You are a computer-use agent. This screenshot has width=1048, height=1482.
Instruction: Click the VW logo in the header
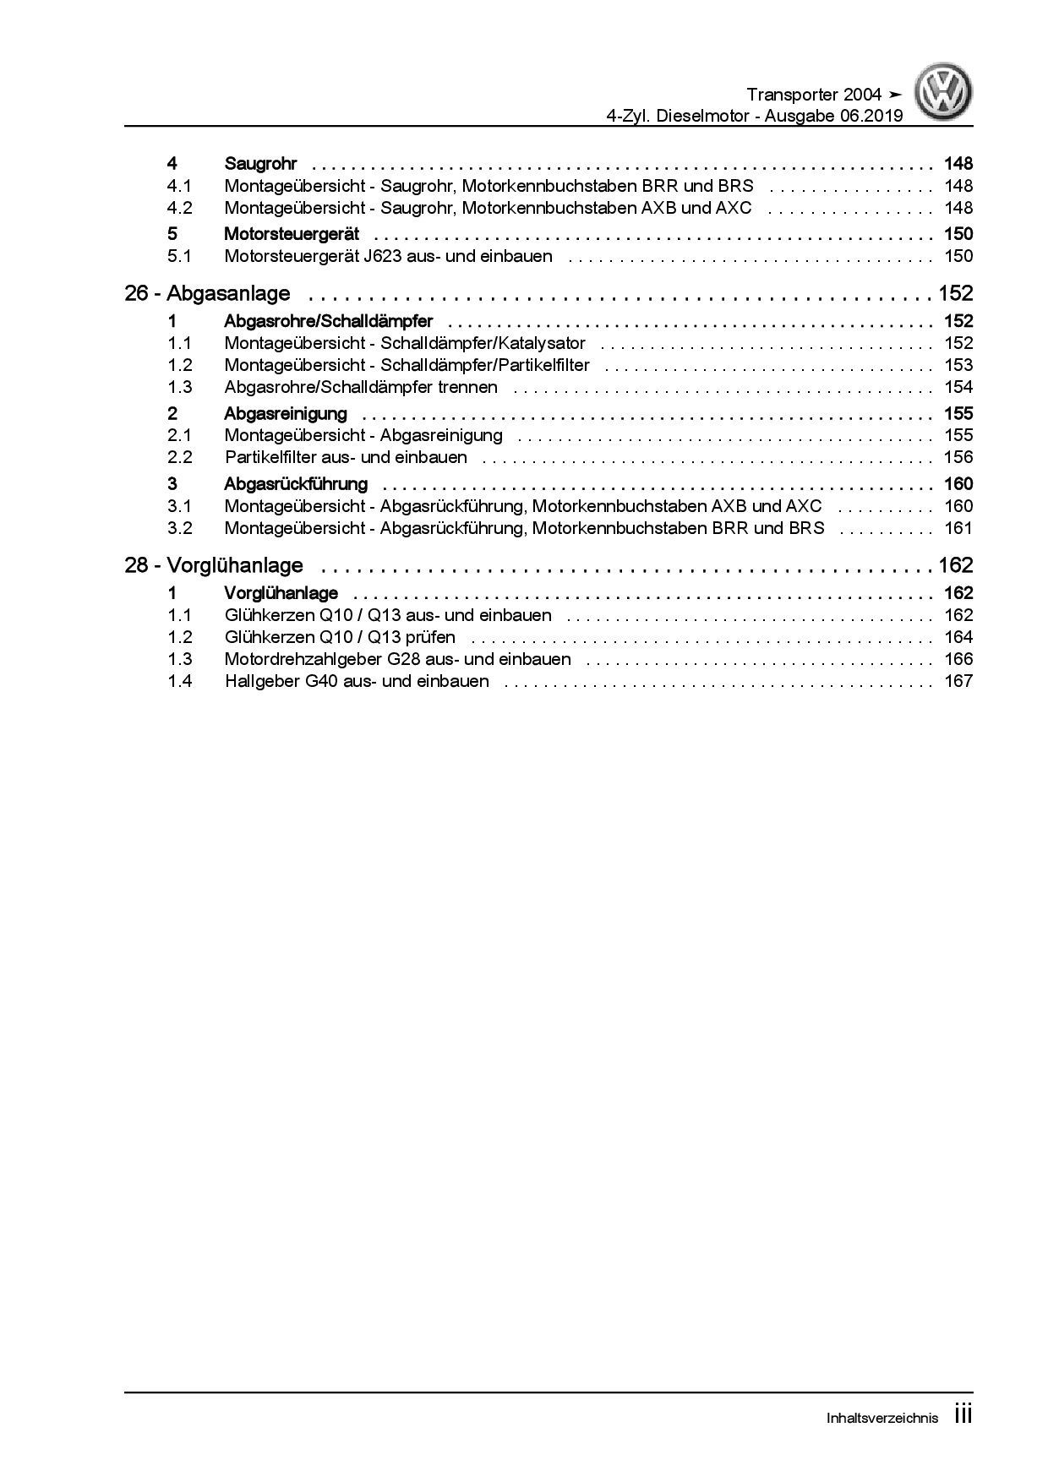945,94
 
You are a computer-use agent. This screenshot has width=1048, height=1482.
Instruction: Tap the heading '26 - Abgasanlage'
207,294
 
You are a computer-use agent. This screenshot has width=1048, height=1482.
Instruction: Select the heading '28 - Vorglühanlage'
214,566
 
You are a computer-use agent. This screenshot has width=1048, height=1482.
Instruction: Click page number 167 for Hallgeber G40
958,682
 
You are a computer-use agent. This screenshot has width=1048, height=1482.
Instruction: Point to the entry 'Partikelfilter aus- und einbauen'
346,458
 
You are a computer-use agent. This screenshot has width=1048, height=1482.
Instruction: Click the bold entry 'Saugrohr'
260,164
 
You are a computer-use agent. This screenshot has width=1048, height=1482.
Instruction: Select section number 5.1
179,257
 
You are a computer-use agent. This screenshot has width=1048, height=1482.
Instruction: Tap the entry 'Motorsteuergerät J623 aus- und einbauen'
388,257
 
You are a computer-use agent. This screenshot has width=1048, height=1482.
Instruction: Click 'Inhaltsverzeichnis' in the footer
882,1419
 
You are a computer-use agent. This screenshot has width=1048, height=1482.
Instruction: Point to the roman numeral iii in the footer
963,1415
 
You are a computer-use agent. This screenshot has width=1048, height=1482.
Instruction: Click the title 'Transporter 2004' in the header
814,95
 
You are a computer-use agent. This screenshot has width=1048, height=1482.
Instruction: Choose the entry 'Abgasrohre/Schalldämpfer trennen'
361,388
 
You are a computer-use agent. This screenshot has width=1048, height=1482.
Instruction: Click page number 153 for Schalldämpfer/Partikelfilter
958,366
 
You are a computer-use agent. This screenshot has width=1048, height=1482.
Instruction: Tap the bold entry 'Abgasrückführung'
296,484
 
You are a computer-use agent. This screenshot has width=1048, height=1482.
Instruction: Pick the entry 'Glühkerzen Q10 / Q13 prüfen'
340,638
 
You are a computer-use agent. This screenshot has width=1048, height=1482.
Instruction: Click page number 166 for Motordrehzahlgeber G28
958,660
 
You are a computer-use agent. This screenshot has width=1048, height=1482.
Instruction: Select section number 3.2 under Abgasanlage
179,529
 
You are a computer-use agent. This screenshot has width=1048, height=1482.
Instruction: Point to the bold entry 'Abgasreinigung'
286,414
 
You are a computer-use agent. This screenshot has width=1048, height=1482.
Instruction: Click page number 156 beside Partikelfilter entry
958,458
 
